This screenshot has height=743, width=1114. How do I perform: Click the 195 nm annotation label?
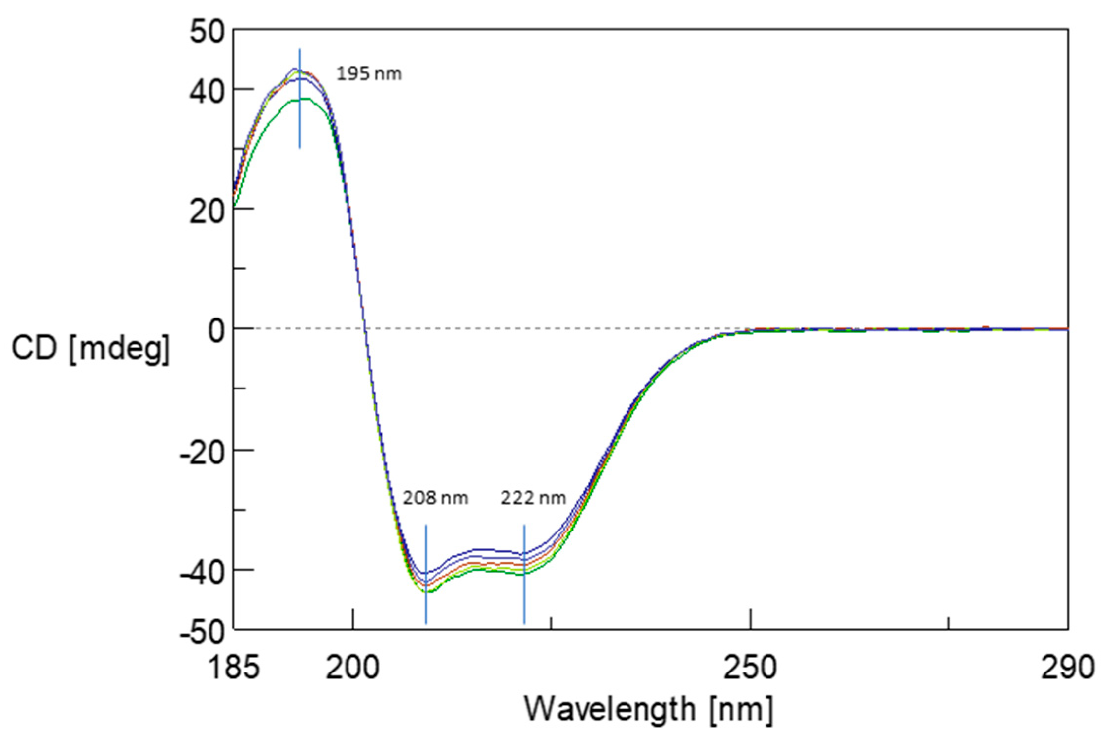click(369, 74)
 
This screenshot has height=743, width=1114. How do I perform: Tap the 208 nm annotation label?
click(435, 498)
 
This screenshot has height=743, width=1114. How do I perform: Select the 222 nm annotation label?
click(533, 498)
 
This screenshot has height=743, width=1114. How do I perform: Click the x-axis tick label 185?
click(234, 668)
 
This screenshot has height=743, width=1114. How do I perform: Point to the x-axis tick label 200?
click(352, 668)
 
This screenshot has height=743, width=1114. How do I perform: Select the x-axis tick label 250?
click(750, 668)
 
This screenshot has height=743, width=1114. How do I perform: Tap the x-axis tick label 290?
click(1067, 668)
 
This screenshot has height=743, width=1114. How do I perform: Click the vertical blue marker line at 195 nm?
click(300, 123)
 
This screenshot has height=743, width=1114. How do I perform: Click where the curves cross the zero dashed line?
click(365, 329)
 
